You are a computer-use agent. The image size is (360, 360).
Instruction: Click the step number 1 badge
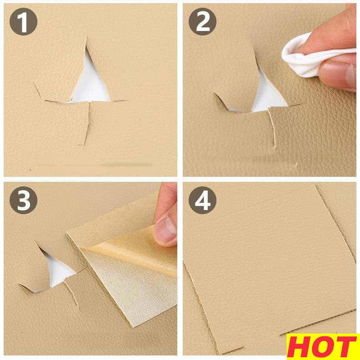pyautogui.click(x=23, y=21)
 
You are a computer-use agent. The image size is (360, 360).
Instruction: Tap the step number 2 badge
pyautogui.click(x=202, y=21)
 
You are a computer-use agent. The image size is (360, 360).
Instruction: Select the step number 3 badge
pyautogui.click(x=23, y=200)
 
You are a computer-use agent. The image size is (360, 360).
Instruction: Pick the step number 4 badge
pyautogui.click(x=202, y=200)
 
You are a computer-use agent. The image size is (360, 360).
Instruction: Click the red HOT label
pyautogui.click(x=323, y=347)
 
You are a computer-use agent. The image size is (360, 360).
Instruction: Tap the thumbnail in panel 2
pyautogui.click(x=339, y=75)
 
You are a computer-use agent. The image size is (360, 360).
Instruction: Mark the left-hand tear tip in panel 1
pyautogui.click(x=35, y=82)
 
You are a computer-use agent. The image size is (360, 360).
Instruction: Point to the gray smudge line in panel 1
pyautogui.click(x=94, y=165)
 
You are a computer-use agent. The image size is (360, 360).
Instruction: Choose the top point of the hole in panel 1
pyautogui.click(x=86, y=46)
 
